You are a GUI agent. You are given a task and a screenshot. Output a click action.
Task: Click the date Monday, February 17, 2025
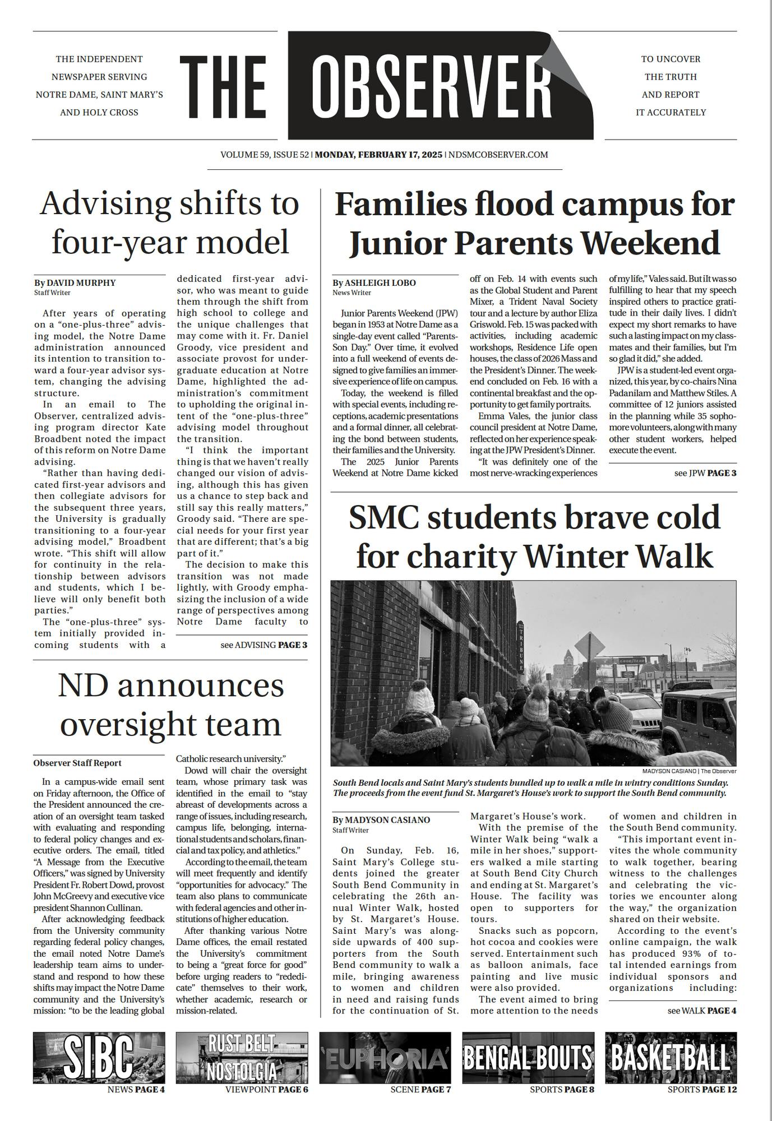pos(378,155)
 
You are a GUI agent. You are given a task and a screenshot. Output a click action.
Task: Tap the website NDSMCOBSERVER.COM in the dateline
pos(498,155)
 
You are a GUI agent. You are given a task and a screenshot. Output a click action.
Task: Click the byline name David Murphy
pos(81,282)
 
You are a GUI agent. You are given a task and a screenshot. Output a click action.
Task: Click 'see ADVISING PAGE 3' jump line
pos(264,645)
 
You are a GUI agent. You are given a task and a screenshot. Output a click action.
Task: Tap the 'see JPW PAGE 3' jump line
pos(705,473)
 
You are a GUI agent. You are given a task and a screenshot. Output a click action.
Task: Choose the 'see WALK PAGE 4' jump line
pos(702,1011)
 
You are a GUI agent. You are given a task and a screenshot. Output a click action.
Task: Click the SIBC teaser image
pos(99,1058)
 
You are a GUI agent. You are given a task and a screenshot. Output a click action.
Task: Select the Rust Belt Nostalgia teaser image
pos(242,1058)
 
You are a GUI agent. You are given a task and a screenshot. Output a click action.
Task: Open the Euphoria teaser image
pos(385,1058)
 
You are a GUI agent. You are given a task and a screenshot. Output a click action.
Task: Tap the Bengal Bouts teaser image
pos(528,1058)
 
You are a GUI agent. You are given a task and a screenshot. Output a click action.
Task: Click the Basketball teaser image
pos(671,1058)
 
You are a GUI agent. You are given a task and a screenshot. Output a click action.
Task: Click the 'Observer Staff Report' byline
pos(77,763)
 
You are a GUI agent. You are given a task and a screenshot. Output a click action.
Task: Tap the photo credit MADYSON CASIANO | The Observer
pos(689,771)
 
